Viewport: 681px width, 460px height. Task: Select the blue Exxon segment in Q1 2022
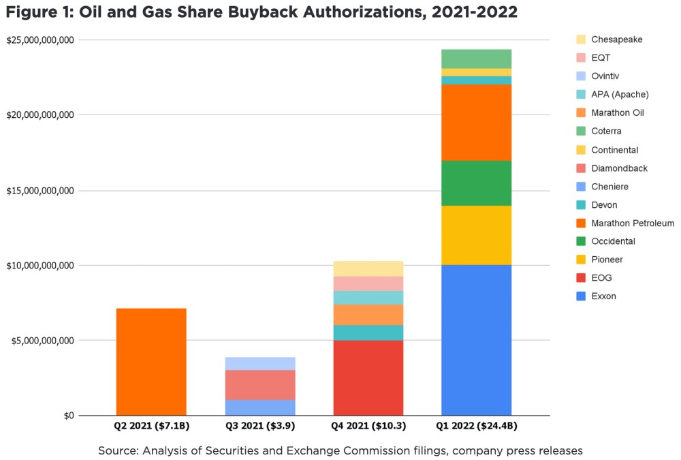click(x=476, y=340)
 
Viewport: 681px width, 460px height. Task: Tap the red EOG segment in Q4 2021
click(x=368, y=378)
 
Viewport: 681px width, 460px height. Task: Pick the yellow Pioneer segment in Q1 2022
click(x=476, y=235)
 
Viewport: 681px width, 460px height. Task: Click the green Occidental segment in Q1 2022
click(x=476, y=183)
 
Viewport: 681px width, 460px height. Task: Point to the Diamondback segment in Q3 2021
click(x=259, y=385)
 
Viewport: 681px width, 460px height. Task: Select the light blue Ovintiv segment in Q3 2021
click(x=259, y=363)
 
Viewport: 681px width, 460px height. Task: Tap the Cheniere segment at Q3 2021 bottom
click(x=259, y=408)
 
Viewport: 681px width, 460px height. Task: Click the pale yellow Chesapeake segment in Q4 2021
click(x=368, y=269)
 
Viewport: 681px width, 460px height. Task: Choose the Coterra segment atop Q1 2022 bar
click(x=476, y=59)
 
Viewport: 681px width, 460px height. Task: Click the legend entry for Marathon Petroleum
click(x=632, y=223)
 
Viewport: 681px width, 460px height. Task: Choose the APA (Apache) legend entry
click(x=620, y=94)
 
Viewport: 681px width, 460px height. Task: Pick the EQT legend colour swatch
click(x=580, y=58)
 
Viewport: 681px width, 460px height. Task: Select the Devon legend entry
click(x=604, y=204)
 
